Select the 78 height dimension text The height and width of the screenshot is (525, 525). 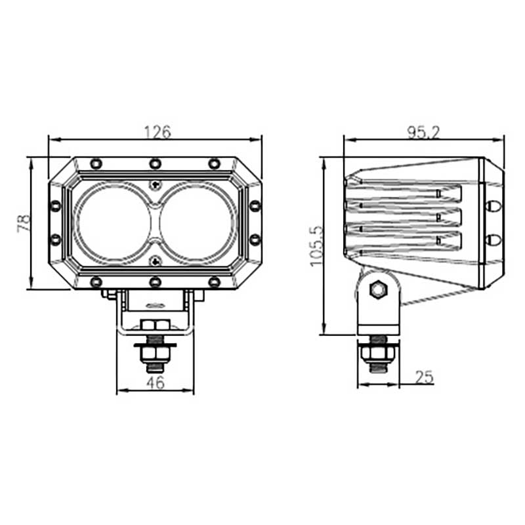(x=24, y=224)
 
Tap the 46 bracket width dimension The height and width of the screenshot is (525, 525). (x=155, y=383)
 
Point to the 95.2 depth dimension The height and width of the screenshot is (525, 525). (x=423, y=132)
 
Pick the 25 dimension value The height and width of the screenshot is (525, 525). (x=425, y=377)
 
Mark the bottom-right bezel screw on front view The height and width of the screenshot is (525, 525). (x=214, y=282)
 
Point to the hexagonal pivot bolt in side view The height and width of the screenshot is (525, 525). (x=377, y=289)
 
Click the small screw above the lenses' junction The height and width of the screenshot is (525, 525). (x=155, y=184)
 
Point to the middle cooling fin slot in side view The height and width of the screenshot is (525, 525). (x=404, y=215)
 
